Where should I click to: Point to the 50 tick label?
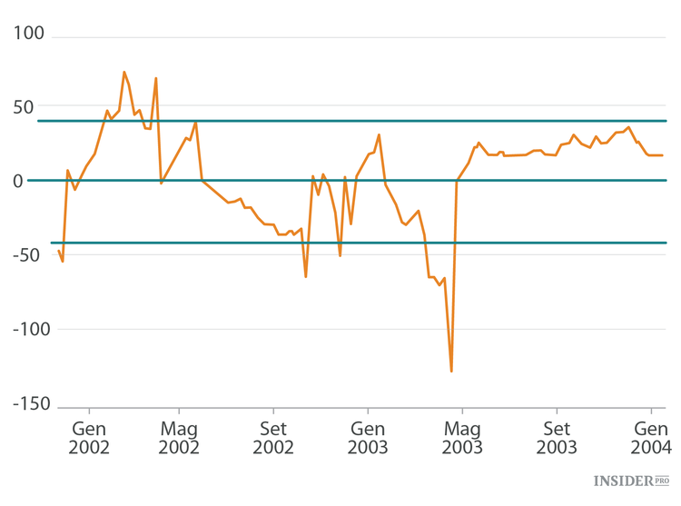point(34,107)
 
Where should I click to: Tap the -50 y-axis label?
point(29,255)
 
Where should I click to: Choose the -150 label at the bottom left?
point(25,403)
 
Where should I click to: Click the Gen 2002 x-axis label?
point(88,438)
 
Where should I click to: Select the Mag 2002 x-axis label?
point(179,438)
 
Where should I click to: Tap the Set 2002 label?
point(273,438)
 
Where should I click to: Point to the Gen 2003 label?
point(368,438)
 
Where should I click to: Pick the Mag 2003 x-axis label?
point(462,438)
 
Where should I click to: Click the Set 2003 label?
point(557,438)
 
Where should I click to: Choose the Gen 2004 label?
point(651,438)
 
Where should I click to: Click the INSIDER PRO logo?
point(631,481)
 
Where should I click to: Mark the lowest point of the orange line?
point(451,371)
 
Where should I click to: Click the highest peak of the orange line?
point(124,72)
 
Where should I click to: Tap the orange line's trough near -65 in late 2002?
point(306,276)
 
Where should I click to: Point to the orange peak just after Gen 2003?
point(379,135)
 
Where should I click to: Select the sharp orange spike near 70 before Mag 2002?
point(156,78)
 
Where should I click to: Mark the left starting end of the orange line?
point(59,251)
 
